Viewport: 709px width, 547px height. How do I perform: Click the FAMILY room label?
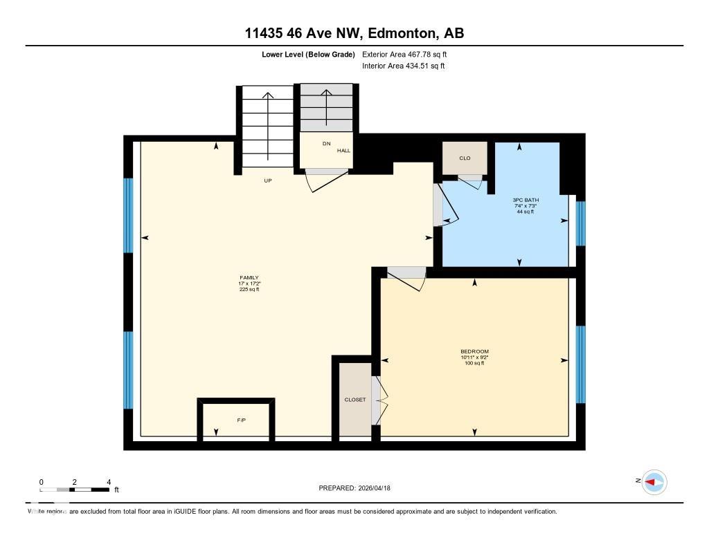(250, 278)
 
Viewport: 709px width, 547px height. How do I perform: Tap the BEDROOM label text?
(474, 351)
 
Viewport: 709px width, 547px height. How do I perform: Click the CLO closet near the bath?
(465, 158)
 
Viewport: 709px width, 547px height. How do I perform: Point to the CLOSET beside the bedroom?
(355, 400)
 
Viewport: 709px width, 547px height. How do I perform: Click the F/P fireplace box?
(241, 420)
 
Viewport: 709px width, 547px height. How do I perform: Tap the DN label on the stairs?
(326, 144)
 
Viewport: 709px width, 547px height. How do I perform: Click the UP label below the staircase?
(267, 180)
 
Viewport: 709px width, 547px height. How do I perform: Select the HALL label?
(344, 151)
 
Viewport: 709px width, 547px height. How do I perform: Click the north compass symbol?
(654, 482)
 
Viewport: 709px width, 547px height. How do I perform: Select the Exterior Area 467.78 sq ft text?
(409, 54)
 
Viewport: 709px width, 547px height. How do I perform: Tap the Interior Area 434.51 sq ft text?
(404, 66)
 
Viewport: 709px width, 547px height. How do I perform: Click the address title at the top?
(354, 33)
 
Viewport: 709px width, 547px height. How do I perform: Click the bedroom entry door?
(406, 278)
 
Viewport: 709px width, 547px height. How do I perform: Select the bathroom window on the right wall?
(581, 223)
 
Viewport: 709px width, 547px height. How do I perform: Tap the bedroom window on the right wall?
(581, 364)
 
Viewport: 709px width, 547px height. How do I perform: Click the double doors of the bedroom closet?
(377, 400)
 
